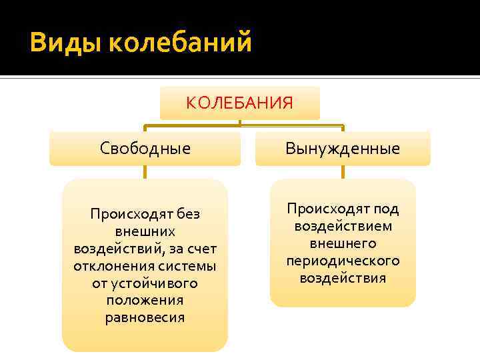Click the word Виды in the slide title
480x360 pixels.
[x=65, y=44]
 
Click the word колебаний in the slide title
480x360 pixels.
[x=180, y=44]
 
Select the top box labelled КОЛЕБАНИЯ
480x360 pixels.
[x=239, y=103]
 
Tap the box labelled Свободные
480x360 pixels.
[x=145, y=148]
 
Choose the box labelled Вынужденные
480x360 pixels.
[x=343, y=148]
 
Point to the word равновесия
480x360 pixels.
[x=145, y=318]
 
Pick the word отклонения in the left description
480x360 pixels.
[x=109, y=266]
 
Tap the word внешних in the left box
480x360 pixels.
[x=145, y=231]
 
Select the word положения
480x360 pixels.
[x=145, y=301]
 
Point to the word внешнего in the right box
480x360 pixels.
[x=343, y=243]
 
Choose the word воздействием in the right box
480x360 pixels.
[x=343, y=226]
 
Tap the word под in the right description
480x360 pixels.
[x=386, y=209]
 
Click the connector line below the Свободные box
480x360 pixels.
[x=145, y=172]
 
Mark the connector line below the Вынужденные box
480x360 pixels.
[x=343, y=172]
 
